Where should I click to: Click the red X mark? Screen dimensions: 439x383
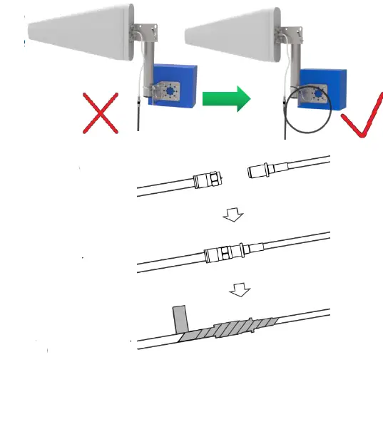[x=100, y=113]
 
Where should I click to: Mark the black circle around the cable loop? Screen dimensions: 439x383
[x=307, y=113]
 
